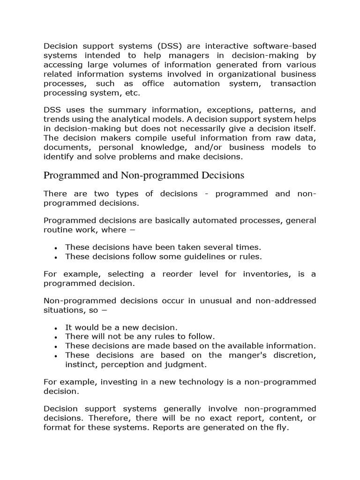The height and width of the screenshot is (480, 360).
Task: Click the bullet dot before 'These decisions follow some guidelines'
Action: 56,257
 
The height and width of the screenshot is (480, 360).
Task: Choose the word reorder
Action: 193,274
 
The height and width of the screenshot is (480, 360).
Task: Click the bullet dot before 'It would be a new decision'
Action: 56,328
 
